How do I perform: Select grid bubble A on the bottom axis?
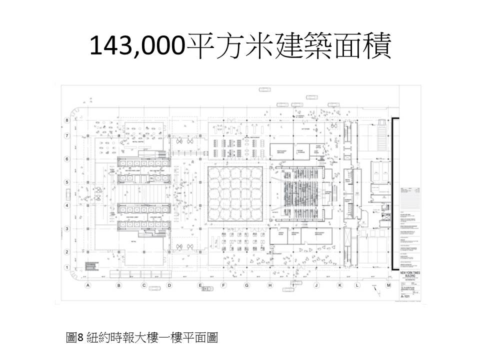click(87, 285)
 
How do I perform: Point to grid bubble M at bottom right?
click(388, 285)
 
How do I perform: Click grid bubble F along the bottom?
click(223, 285)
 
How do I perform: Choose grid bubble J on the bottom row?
click(316, 285)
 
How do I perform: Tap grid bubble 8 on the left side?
click(65, 120)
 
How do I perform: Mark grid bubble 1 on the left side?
click(65, 267)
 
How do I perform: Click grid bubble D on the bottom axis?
click(169, 285)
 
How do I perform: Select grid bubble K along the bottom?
click(340, 285)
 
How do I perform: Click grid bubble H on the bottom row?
click(270, 285)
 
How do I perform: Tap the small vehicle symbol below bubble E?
click(155, 288)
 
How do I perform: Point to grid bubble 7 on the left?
click(65, 135)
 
